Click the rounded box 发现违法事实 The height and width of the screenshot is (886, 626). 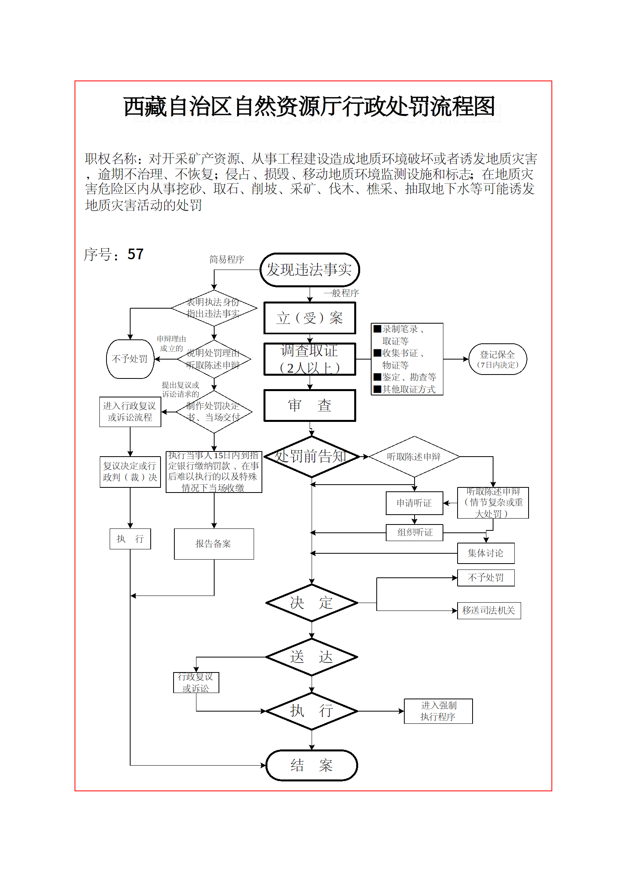(x=310, y=270)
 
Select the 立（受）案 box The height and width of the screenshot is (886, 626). (x=310, y=318)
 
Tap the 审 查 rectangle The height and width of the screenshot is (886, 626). (x=310, y=406)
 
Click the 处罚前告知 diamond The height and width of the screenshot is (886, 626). (x=312, y=457)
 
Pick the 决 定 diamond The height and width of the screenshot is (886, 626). (x=312, y=603)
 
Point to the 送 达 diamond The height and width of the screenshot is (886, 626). (x=312, y=657)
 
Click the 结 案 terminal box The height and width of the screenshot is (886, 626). (x=312, y=766)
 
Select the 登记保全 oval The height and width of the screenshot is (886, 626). (x=497, y=359)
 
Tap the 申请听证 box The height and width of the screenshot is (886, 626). (x=414, y=503)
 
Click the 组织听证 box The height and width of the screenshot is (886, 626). (x=414, y=532)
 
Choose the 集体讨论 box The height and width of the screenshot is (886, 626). (x=486, y=553)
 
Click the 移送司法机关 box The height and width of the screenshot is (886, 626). (x=489, y=611)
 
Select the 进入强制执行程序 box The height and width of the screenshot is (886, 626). (x=438, y=711)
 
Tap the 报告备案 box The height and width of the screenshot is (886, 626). (x=214, y=544)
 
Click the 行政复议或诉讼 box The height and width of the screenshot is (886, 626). (x=196, y=683)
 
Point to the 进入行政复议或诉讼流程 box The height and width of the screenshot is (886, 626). (x=130, y=412)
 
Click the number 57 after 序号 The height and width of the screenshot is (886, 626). (x=135, y=255)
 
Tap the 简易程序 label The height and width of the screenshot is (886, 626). (x=227, y=259)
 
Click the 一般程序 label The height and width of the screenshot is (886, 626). (x=341, y=293)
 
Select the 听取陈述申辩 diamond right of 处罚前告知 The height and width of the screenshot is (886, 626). (x=414, y=457)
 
